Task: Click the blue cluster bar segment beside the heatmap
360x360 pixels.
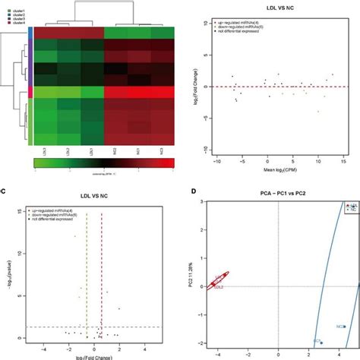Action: (31, 33)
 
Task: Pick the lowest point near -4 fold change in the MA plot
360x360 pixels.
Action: (237, 101)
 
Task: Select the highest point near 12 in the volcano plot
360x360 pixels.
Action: (75, 236)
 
